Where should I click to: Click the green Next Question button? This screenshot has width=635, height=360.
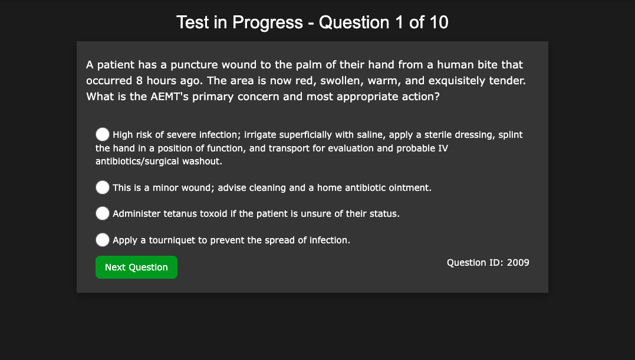(x=136, y=267)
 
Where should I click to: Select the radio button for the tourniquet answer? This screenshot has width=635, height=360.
(x=103, y=239)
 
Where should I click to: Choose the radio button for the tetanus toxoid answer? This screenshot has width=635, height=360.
(x=103, y=213)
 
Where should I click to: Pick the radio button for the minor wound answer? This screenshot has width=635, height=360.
(x=103, y=187)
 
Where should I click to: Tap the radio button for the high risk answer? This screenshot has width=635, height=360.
(x=103, y=134)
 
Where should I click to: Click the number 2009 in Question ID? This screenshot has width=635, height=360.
(x=518, y=263)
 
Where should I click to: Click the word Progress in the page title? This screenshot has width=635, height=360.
(x=268, y=22)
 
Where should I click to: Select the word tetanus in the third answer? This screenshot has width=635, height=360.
(x=177, y=213)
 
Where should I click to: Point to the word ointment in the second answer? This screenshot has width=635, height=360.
(x=411, y=188)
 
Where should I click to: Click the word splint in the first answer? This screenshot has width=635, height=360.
(x=510, y=135)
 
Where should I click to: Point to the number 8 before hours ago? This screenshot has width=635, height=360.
(x=139, y=81)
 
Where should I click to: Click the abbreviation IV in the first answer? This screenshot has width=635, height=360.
(x=443, y=148)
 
